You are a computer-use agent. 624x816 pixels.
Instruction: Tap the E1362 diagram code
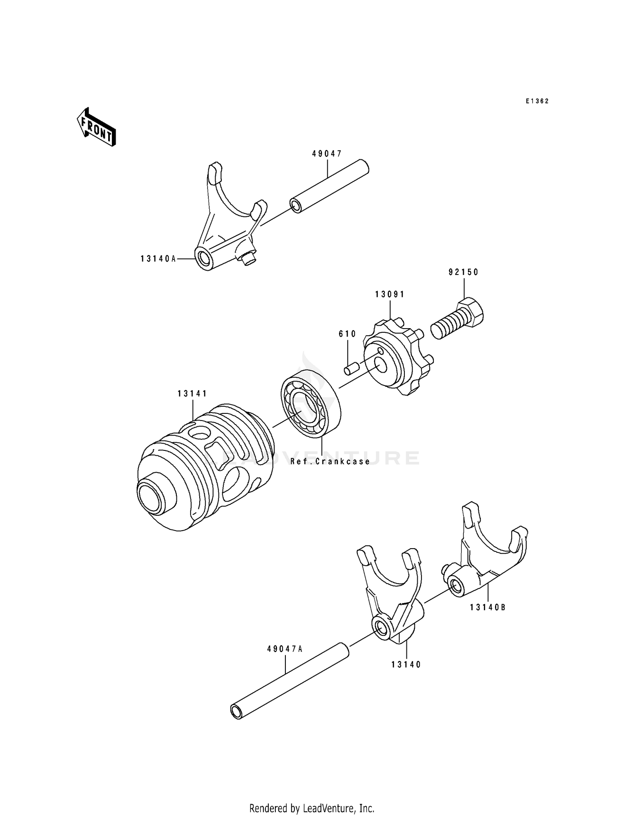537,101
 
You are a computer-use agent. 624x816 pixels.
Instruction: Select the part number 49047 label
327,154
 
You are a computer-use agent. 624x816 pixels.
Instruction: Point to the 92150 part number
463,272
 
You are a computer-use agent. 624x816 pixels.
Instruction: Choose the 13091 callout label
389,294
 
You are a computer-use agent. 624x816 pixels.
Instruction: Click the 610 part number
347,334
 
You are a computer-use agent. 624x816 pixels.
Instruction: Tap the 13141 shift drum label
192,393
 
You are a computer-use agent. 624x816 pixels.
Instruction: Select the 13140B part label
488,607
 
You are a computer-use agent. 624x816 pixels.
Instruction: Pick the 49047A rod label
285,648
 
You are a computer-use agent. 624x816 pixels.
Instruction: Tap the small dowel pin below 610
351,369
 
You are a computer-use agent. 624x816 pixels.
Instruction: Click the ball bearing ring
310,403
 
